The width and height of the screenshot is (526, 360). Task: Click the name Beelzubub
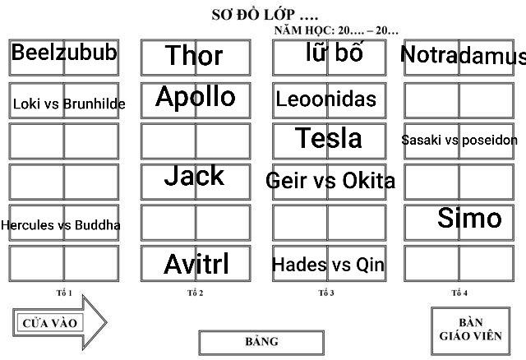pyautogui.click(x=64, y=54)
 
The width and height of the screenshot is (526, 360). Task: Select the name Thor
pyautogui.click(x=194, y=56)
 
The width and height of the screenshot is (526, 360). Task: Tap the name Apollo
pyautogui.click(x=196, y=97)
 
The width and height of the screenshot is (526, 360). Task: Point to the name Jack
pyautogui.click(x=194, y=175)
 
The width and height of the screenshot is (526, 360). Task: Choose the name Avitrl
pyautogui.click(x=196, y=265)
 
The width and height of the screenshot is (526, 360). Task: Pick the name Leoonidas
pyautogui.click(x=326, y=100)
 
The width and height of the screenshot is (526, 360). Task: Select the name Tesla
pyautogui.click(x=329, y=138)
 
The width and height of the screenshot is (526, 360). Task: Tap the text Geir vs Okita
pyautogui.click(x=330, y=180)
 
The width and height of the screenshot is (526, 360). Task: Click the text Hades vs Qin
pyautogui.click(x=328, y=265)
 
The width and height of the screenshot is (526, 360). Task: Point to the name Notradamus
pyautogui.click(x=464, y=56)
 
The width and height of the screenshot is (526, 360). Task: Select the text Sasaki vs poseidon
pyautogui.click(x=459, y=140)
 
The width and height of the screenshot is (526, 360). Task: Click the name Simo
pyautogui.click(x=469, y=218)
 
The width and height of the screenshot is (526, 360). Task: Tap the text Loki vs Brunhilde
pyautogui.click(x=69, y=104)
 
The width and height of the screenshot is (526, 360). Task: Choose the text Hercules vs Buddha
pyautogui.click(x=61, y=224)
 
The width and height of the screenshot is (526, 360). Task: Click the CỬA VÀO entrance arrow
pyautogui.click(x=59, y=322)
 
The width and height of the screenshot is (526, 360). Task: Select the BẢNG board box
pyautogui.click(x=261, y=342)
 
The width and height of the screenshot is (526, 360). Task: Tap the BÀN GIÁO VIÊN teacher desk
pyautogui.click(x=465, y=329)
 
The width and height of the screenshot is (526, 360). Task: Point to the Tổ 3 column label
pyautogui.click(x=326, y=293)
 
